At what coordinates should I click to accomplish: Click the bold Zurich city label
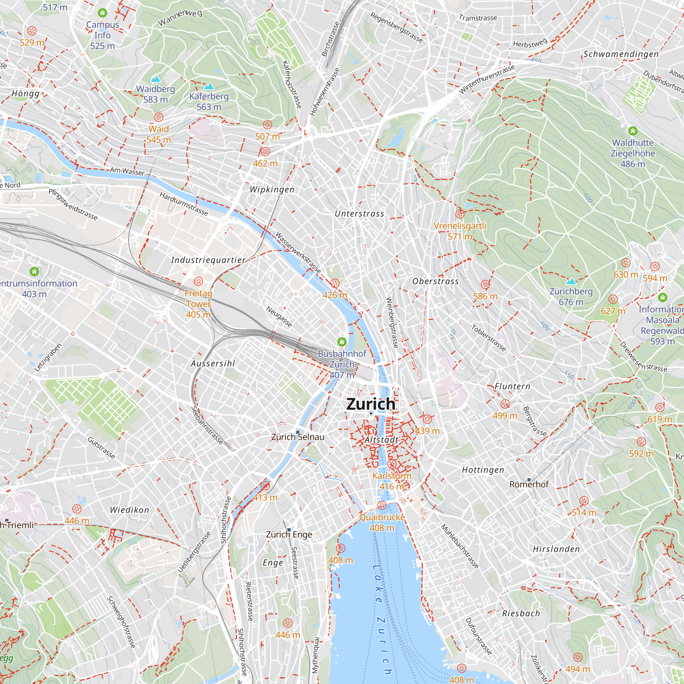pos(371,404)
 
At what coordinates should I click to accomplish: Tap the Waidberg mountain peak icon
pos(155,79)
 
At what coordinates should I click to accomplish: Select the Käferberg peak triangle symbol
pos(209,87)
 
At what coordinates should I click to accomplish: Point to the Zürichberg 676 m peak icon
pos(571,281)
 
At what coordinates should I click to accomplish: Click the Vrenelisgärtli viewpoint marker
pos(460,214)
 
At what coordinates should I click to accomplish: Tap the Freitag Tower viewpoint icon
pos(198,281)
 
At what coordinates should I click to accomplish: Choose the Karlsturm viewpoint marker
pos(392,464)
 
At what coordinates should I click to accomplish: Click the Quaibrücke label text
pos(382,517)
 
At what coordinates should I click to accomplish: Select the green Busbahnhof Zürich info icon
pos(342,342)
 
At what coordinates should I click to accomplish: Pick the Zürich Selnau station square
pos(298,432)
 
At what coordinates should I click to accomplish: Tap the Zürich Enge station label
pos(289,534)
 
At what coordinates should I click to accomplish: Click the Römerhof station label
pos(529,484)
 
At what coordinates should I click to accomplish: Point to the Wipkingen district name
pos(272,189)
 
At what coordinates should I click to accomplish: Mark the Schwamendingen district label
pos(621,54)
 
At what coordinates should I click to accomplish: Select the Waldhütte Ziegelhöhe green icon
pos(633,131)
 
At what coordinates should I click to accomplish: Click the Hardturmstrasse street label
pos(183,203)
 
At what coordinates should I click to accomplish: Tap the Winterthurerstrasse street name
pos(487,79)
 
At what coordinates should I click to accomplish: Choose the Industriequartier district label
pos(208,260)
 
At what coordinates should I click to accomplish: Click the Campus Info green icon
pos(103,13)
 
